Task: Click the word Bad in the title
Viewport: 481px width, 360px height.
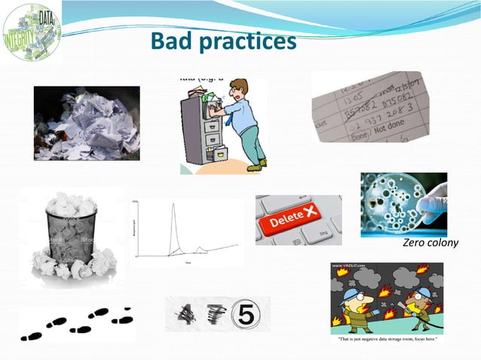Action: (170, 41)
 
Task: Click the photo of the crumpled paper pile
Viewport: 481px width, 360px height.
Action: (87, 123)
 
